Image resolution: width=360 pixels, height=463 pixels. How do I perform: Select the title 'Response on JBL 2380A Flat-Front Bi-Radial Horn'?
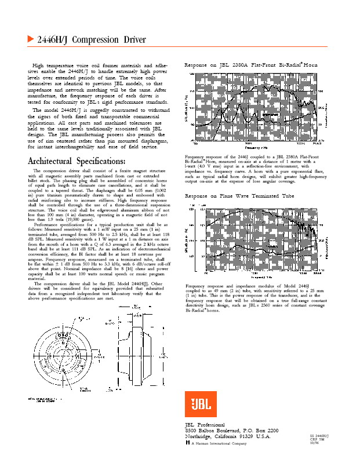click(x=251, y=64)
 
